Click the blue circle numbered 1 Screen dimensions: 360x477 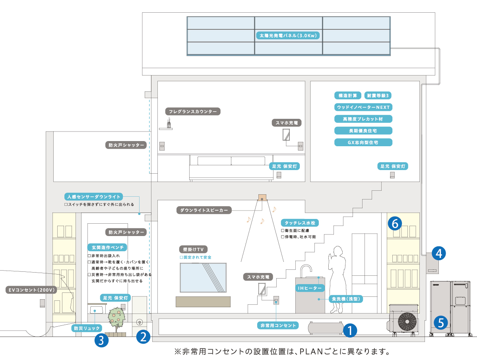(x=350, y=330)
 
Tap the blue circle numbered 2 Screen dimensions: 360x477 (x=143, y=337)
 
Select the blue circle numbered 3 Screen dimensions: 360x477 (x=101, y=340)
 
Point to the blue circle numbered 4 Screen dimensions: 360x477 (x=438, y=253)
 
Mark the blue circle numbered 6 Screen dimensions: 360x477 (x=395, y=224)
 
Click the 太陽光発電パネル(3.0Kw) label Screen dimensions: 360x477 (x=289, y=35)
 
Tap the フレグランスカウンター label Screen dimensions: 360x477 (x=192, y=112)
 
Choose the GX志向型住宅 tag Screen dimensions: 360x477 (x=363, y=142)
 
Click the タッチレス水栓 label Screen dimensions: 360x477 (x=300, y=223)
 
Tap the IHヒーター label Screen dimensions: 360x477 (x=310, y=287)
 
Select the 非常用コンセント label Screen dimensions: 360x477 (x=278, y=326)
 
